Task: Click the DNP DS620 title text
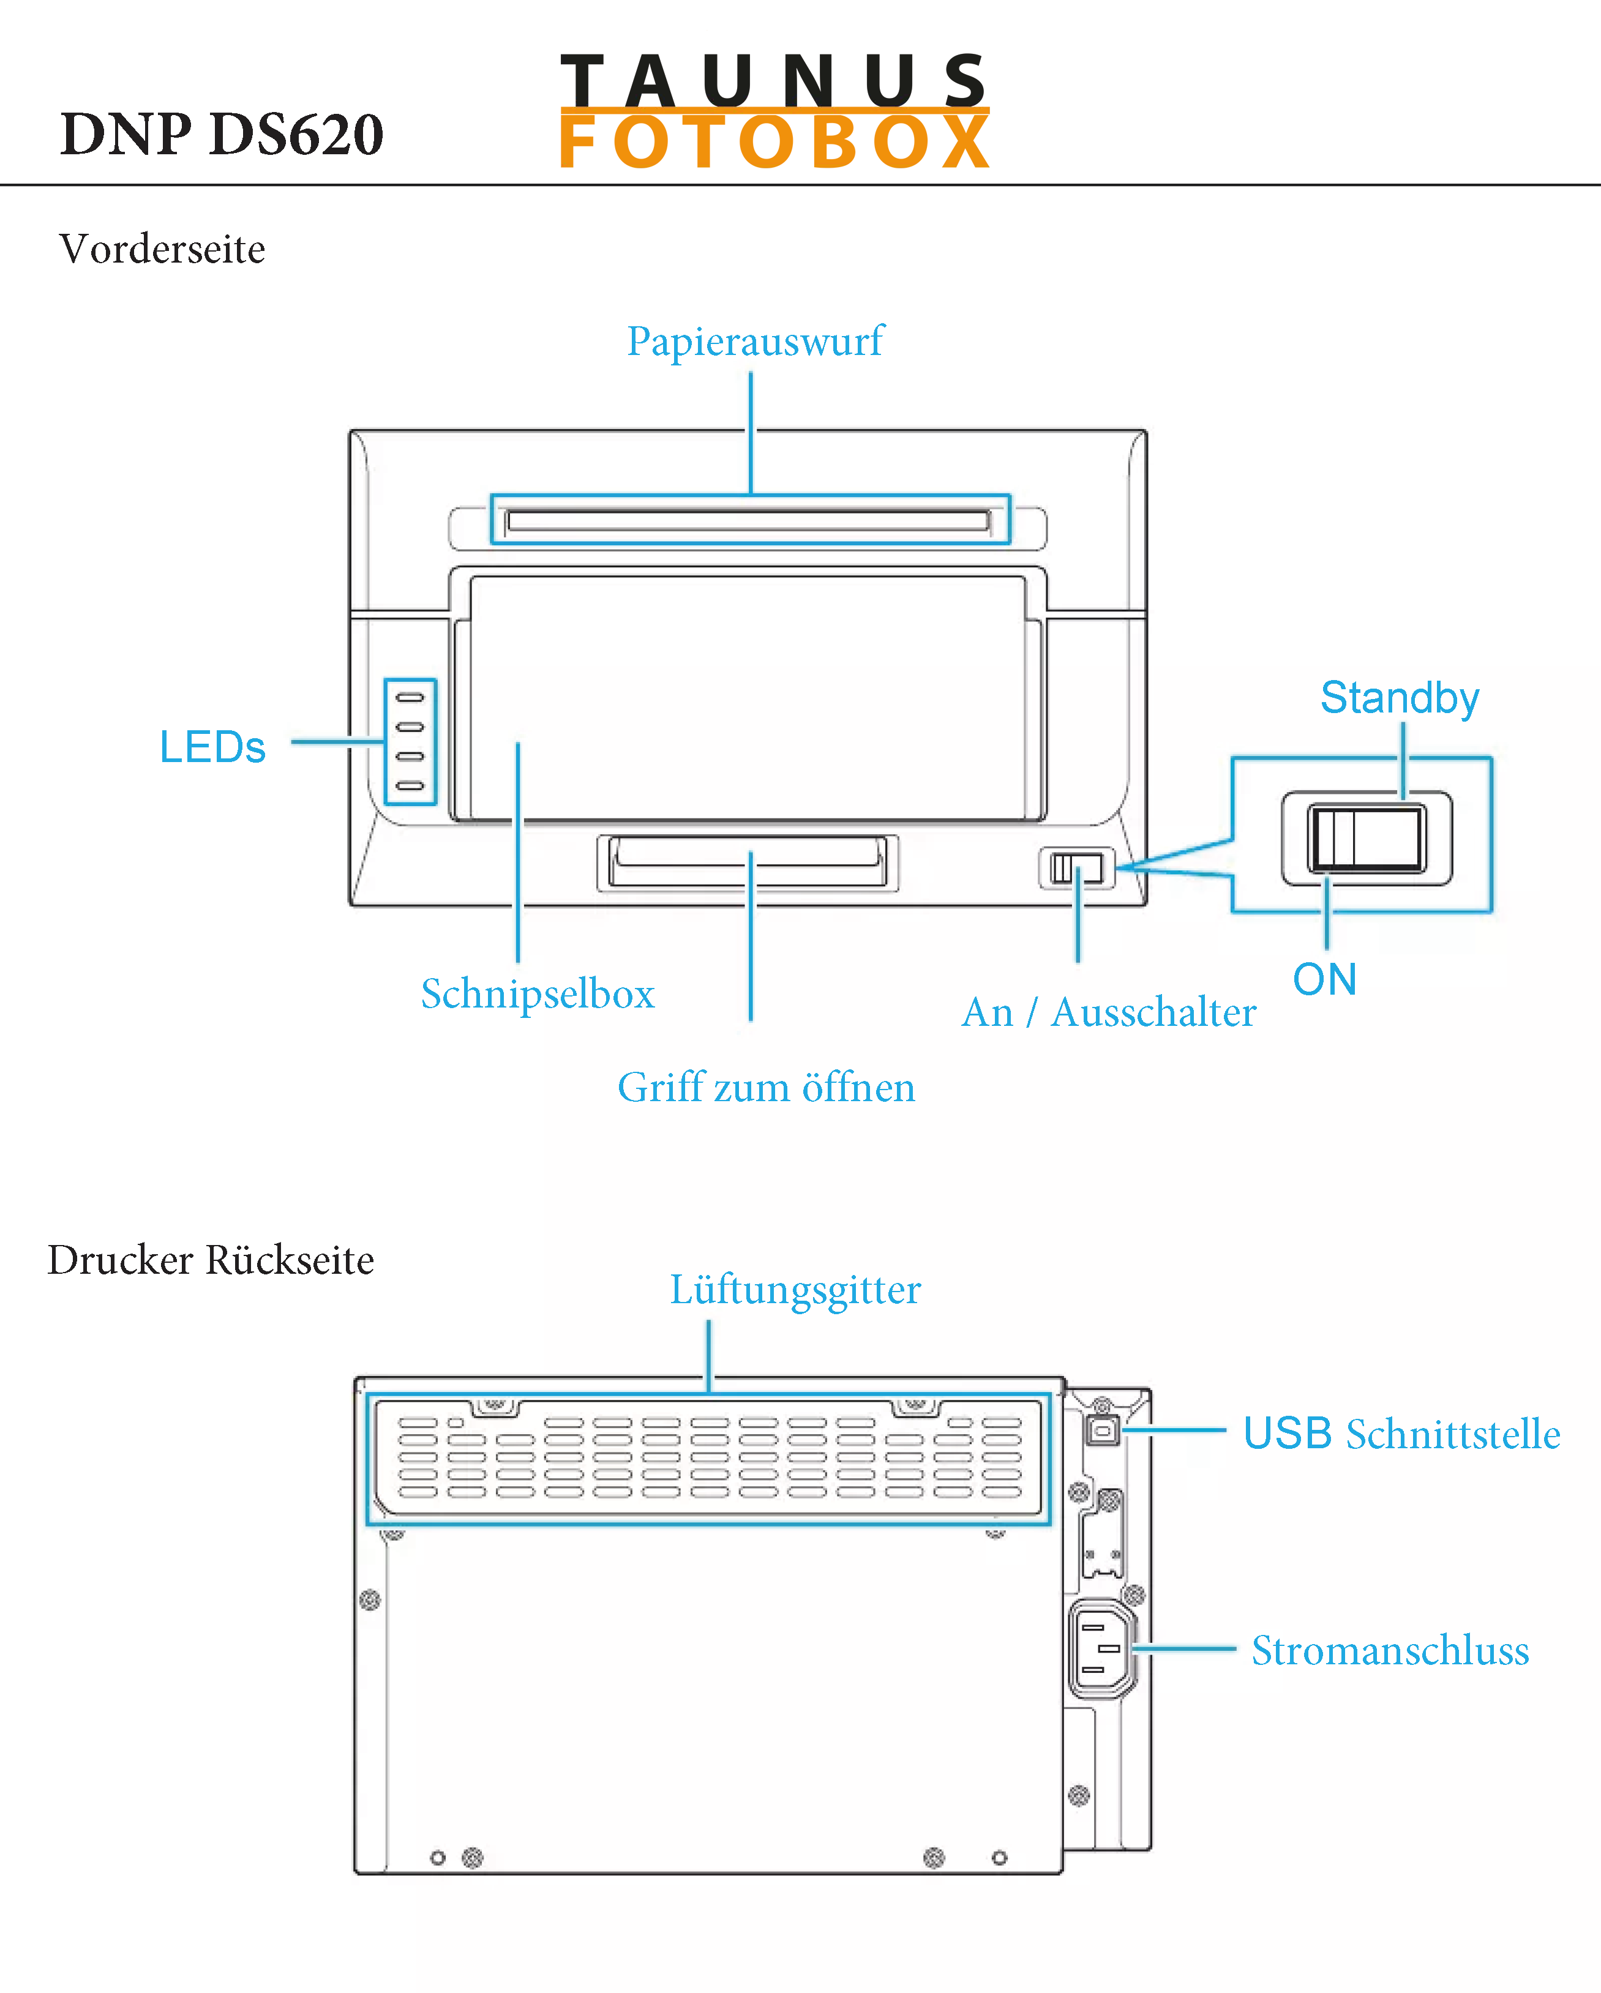[x=221, y=135]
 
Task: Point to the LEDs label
[x=212, y=747]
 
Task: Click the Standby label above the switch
[x=1400, y=698]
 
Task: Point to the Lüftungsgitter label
[x=795, y=1290]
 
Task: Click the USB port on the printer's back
[x=1103, y=1430]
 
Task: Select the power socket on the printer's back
[x=1102, y=1649]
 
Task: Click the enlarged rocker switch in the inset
[x=1367, y=837]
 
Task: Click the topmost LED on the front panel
[x=410, y=697]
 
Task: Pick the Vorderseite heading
[x=163, y=250]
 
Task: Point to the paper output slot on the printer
[x=749, y=520]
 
